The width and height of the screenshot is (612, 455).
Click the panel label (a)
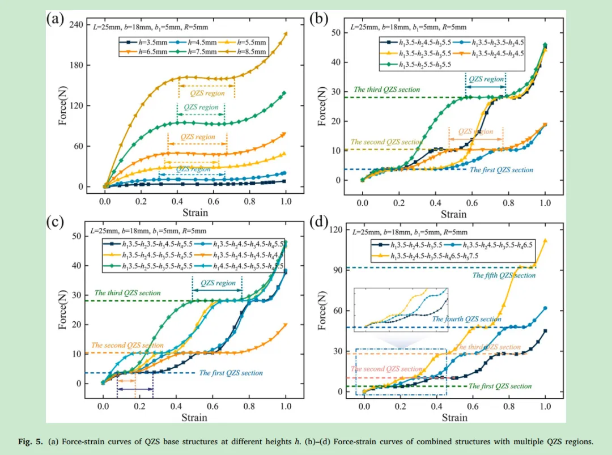click(55, 20)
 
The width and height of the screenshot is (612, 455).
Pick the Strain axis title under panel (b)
click(453, 214)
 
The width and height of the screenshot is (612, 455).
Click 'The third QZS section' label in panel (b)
click(386, 90)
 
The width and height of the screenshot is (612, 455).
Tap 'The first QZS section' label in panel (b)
click(501, 169)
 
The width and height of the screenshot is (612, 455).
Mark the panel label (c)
click(54, 222)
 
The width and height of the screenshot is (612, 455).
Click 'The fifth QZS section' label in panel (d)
click(504, 275)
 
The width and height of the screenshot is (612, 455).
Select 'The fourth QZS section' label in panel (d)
click(466, 319)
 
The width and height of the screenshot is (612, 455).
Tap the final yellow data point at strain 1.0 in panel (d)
click(545, 240)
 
